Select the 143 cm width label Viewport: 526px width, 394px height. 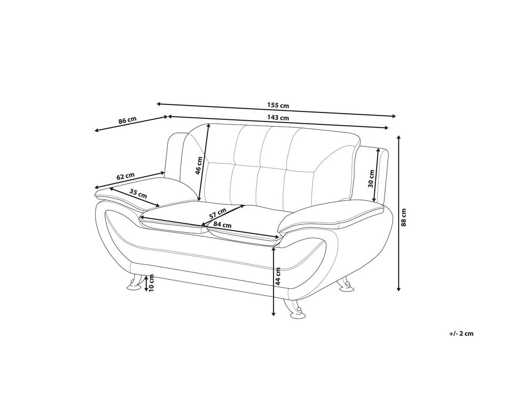[x=280, y=118]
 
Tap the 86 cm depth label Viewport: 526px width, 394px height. [x=127, y=120]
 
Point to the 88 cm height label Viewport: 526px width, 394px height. [x=403, y=216]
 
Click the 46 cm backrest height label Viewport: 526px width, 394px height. [x=199, y=165]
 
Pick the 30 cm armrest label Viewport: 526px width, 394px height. [x=371, y=179]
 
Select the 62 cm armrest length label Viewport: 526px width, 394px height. [x=126, y=177]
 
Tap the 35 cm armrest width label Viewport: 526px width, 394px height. [x=138, y=193]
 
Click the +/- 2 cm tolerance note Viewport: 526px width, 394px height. [x=462, y=333]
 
